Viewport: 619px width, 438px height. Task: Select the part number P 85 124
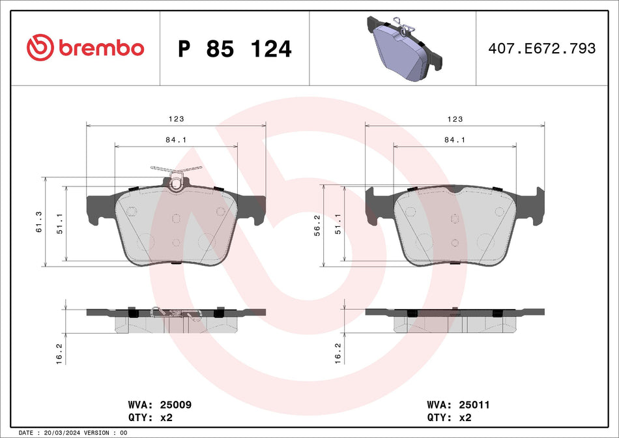235,49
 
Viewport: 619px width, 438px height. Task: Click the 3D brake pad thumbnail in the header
405,48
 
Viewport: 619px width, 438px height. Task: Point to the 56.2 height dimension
317,226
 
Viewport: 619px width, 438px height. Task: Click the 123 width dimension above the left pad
176,119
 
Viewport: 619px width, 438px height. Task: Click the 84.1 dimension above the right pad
454,140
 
